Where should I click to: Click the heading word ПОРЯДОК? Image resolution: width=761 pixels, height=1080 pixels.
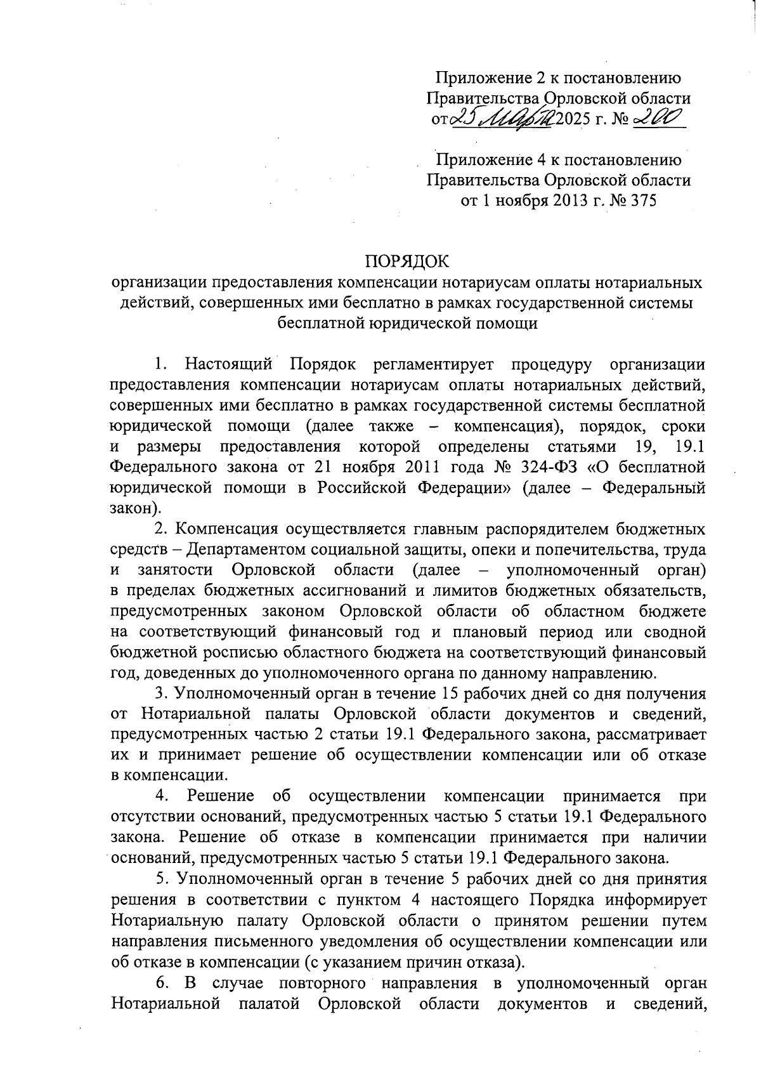tap(406, 261)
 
